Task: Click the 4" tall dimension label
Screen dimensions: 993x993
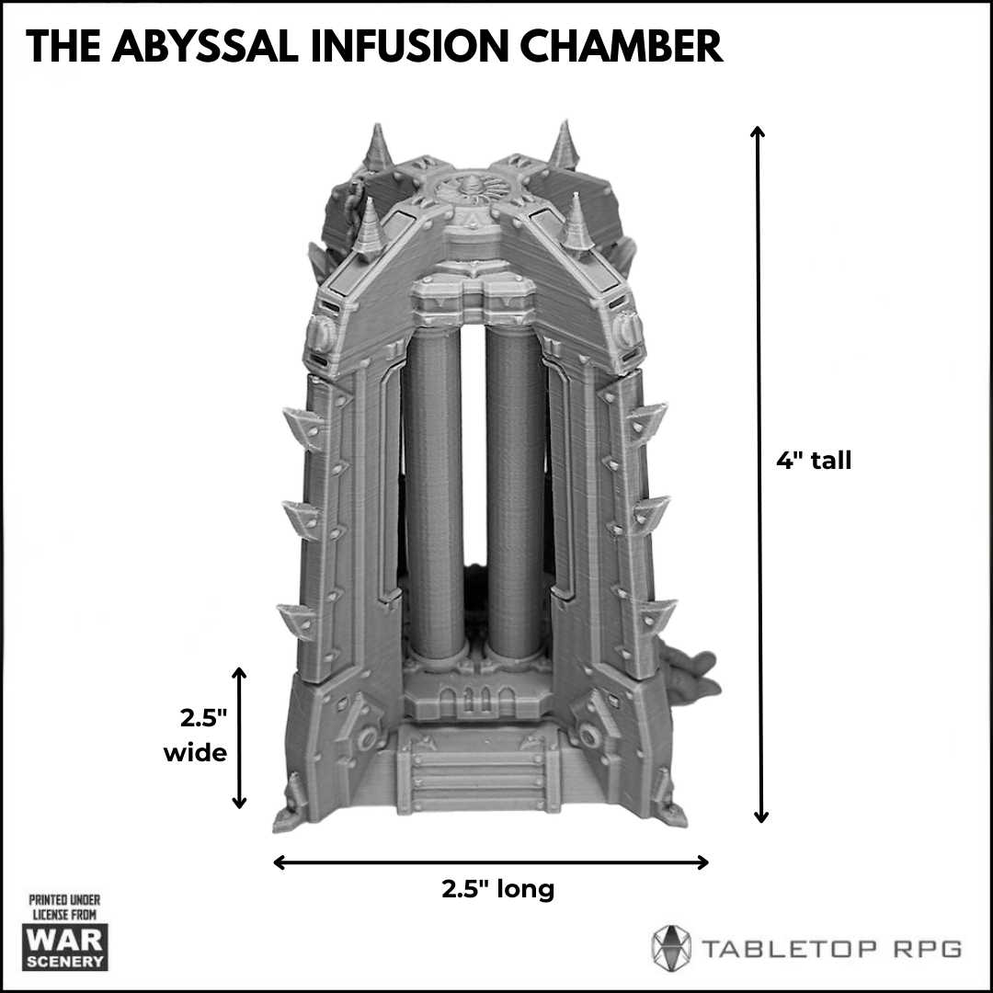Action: coord(814,461)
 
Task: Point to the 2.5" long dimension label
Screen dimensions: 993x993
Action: coord(497,890)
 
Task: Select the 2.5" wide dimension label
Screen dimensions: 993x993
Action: coord(195,736)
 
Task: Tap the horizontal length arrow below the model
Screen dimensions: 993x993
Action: coord(491,862)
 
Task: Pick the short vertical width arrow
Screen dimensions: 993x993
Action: coord(239,737)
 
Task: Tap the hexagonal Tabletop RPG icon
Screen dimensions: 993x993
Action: coord(670,947)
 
